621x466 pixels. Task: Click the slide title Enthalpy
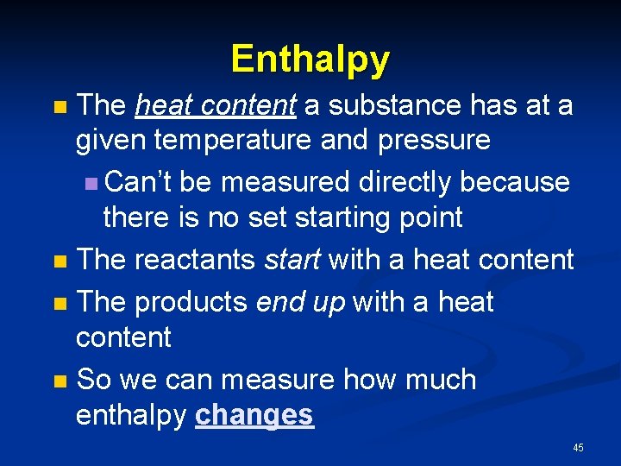click(x=310, y=59)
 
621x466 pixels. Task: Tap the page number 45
click(x=577, y=447)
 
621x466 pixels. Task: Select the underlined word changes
click(x=254, y=415)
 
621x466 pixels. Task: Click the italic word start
click(x=293, y=260)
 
